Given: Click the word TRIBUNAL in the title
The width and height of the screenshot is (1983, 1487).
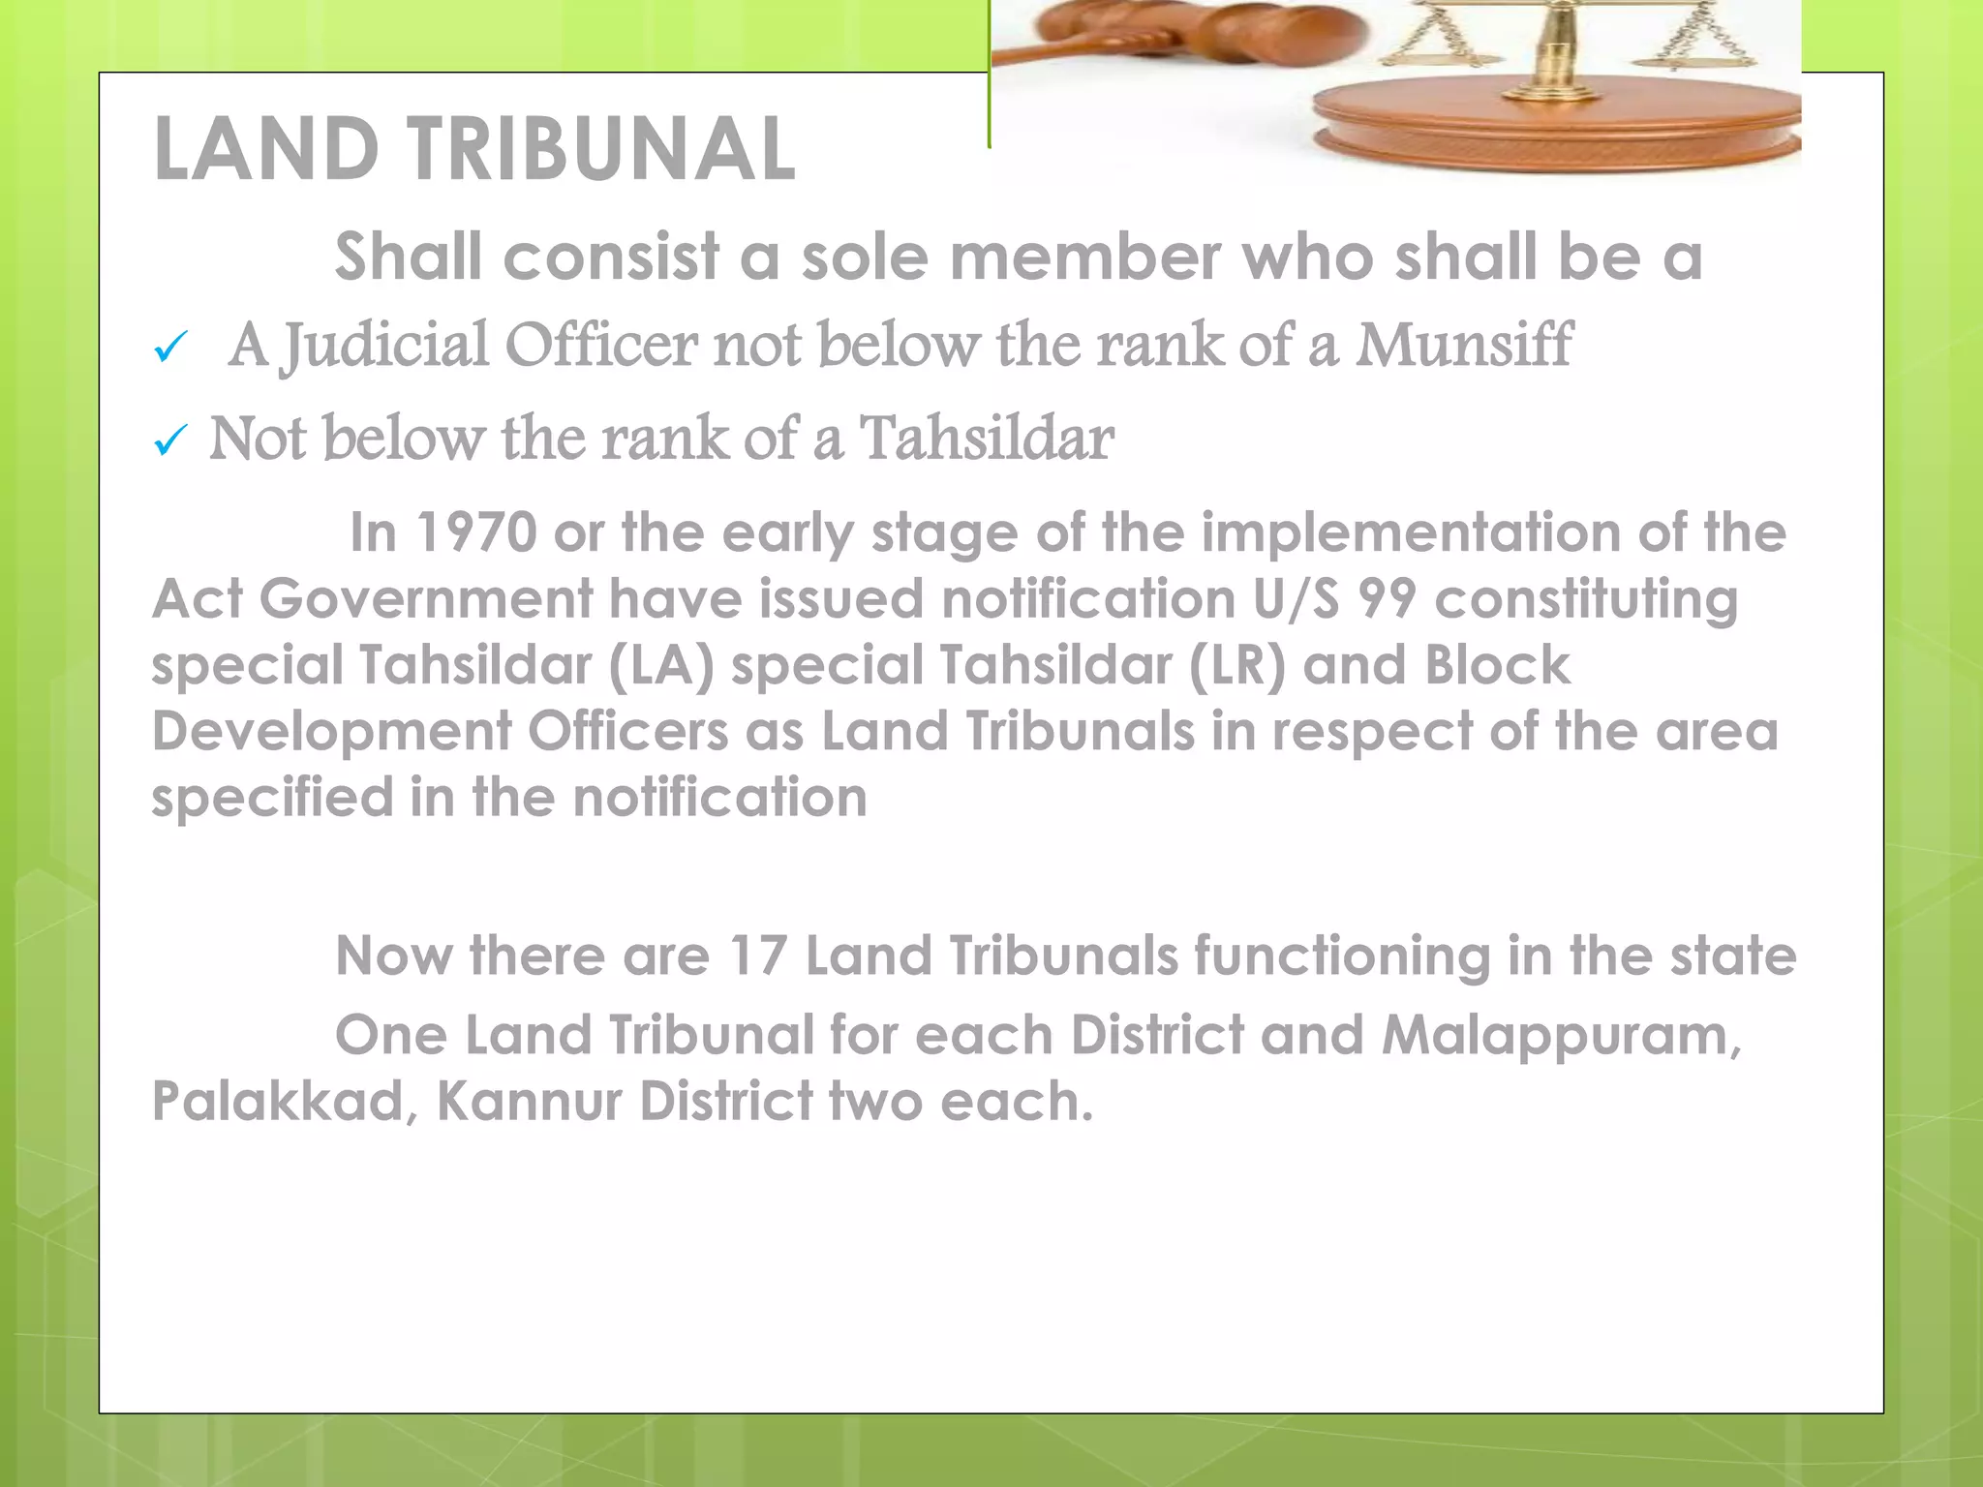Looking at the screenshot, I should [600, 149].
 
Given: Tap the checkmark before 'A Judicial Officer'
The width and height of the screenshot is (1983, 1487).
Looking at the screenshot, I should [170, 348].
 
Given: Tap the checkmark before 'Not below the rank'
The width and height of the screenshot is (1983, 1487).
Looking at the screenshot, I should [170, 441].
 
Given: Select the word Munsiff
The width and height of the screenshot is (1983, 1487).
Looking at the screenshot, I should [1463, 345].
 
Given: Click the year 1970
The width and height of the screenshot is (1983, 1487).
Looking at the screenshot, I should [476, 532].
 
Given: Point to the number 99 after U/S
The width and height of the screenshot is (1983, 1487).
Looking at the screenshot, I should [1388, 599].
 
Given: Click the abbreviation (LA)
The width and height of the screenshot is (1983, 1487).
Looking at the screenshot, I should [661, 666].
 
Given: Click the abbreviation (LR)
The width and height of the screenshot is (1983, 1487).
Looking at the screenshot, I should [1237, 666].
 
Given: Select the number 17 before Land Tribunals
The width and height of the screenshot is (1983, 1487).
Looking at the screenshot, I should [757, 956].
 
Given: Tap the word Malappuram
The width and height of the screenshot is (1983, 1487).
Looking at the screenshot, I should [1561, 1036].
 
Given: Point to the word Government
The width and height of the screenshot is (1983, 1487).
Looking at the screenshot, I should [426, 599].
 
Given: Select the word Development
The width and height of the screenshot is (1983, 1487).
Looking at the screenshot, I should [331, 731].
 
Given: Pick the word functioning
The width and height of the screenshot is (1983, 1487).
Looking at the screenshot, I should [1342, 956].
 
